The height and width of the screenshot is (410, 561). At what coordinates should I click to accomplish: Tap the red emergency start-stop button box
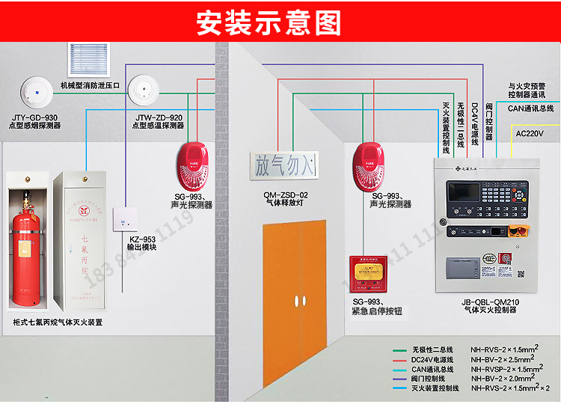[x=369, y=274]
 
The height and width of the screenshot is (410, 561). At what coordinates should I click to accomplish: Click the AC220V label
[x=535, y=132]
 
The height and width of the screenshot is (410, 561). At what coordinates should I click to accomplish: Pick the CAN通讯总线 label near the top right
[x=530, y=108]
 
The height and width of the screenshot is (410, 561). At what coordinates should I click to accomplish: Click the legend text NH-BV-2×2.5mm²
[x=505, y=359]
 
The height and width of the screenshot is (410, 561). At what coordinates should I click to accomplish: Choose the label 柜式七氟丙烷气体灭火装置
[x=58, y=322]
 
